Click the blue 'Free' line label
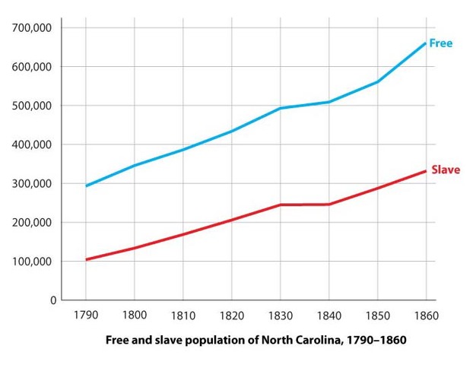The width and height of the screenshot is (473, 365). (440, 43)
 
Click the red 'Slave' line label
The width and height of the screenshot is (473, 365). (445, 170)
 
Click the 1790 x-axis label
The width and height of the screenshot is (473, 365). (86, 315)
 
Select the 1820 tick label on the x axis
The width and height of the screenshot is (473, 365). (231, 315)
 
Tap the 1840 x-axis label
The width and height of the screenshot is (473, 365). (329, 315)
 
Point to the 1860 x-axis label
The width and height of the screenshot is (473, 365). (425, 315)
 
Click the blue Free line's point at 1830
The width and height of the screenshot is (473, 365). (280, 108)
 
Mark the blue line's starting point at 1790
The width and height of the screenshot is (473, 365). (86, 186)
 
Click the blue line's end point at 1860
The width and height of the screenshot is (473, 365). (425, 43)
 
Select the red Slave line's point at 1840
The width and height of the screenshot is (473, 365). (329, 204)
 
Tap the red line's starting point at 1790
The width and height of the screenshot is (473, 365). (86, 259)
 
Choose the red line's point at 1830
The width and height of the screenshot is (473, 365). (280, 205)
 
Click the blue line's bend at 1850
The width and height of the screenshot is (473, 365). (377, 81)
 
